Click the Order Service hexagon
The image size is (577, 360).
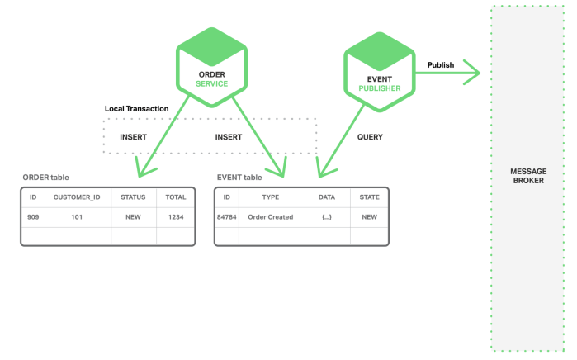coord(211,68)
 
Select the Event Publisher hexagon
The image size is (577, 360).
coord(380,72)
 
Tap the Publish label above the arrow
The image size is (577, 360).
coord(441,65)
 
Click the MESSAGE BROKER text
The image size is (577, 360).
coord(528,176)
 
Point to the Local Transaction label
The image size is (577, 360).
coord(136,109)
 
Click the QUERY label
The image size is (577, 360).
coord(370,137)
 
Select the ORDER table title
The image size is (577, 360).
coord(45,178)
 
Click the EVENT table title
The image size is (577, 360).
coord(239,178)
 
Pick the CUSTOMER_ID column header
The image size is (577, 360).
coord(77,197)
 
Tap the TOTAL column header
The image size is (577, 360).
coord(176,197)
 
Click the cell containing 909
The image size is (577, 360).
coord(33,217)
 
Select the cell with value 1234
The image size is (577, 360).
coord(176,217)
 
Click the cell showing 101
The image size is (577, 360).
coord(77,217)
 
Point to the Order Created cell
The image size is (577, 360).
coord(271,217)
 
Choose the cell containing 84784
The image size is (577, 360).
coord(227,217)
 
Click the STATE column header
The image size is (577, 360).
coord(370,197)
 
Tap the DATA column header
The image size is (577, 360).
coord(327,197)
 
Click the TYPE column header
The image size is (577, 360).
coord(271,197)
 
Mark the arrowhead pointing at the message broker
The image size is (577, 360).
coord(475,73)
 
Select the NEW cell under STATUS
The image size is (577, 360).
coord(133,217)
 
